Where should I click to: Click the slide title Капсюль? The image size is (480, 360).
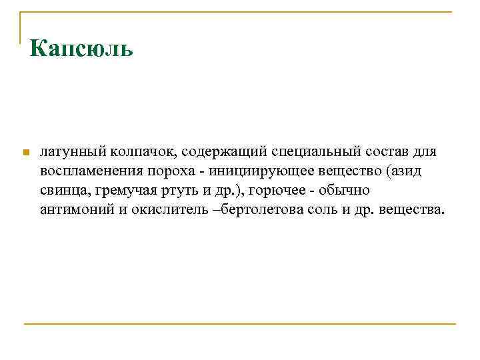tap(82, 49)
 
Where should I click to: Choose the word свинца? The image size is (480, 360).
tap(63, 191)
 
